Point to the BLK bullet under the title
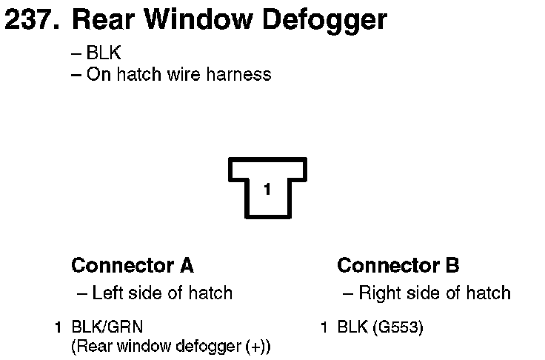103,54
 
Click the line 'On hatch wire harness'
178,74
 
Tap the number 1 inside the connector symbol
267,189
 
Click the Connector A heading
132,265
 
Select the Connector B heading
398,265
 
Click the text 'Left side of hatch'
162,293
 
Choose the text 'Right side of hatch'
434,293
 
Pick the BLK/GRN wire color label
107,327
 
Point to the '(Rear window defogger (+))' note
170,346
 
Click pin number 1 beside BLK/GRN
58,327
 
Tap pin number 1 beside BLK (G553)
324,327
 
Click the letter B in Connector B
452,265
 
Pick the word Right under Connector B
378,293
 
